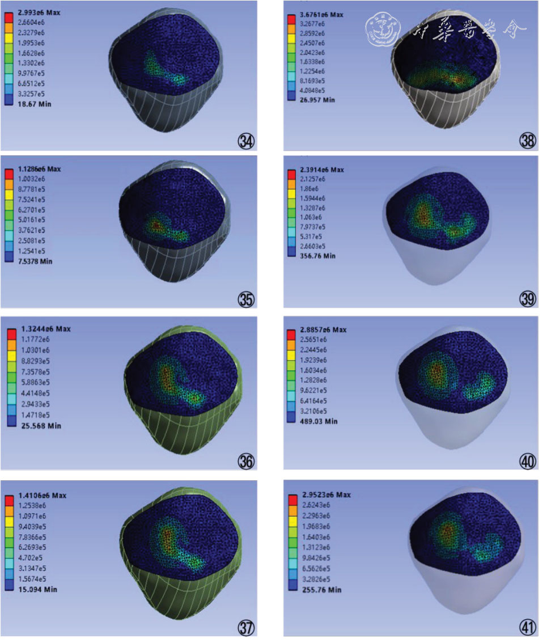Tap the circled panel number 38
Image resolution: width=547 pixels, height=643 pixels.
point(528,141)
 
